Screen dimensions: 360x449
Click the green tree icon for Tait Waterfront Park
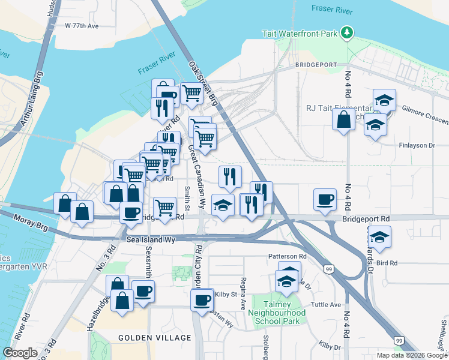point(346,32)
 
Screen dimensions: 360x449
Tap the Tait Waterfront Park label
point(300,34)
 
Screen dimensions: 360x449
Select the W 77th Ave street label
point(81,26)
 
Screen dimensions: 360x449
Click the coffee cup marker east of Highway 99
point(325,200)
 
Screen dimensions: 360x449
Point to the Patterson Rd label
point(287,256)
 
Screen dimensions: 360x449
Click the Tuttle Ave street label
point(326,305)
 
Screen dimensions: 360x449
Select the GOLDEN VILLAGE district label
point(154,338)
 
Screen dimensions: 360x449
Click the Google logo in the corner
point(20,353)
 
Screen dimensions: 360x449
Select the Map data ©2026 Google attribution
point(412,355)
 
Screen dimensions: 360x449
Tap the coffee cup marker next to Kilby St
point(202,299)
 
